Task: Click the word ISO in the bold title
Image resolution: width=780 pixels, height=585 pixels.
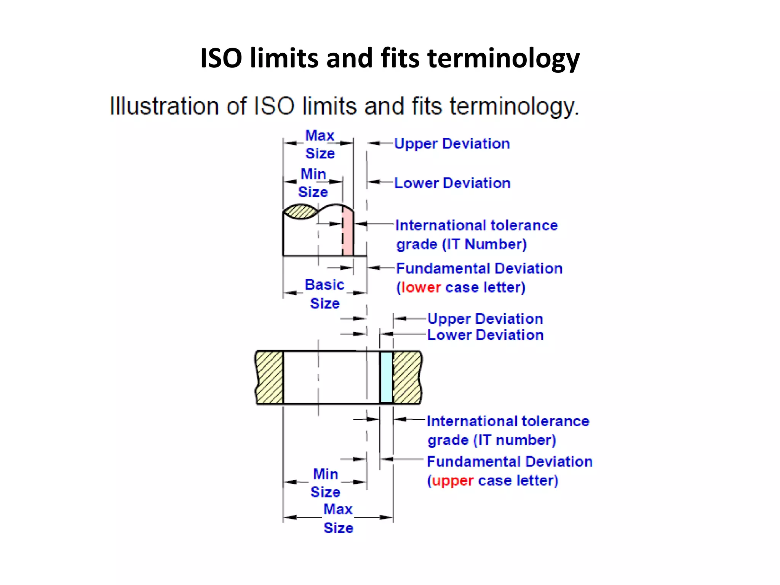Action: (221, 58)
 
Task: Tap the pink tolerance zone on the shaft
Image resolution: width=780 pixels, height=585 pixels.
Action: (348, 232)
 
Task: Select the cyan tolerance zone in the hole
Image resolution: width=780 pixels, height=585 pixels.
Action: (387, 377)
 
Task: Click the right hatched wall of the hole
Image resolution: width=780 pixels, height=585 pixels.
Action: (407, 377)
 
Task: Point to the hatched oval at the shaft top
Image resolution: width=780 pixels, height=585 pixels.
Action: (300, 212)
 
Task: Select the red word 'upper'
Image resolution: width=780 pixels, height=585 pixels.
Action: (453, 481)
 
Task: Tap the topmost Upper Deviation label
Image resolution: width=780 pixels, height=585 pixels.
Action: (452, 144)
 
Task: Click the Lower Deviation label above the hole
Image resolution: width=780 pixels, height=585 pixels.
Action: (485, 335)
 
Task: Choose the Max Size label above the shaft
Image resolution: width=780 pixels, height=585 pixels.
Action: (320, 144)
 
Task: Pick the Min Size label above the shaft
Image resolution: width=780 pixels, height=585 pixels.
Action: (313, 183)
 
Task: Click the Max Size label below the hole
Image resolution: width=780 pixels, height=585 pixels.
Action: (338, 518)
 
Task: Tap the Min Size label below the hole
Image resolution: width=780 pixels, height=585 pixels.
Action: (325, 483)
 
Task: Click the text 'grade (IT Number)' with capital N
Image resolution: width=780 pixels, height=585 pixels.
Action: (461, 244)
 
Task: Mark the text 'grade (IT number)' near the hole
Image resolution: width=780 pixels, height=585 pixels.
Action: (491, 440)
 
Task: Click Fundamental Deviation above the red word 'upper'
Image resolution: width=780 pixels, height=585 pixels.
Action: (510, 462)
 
